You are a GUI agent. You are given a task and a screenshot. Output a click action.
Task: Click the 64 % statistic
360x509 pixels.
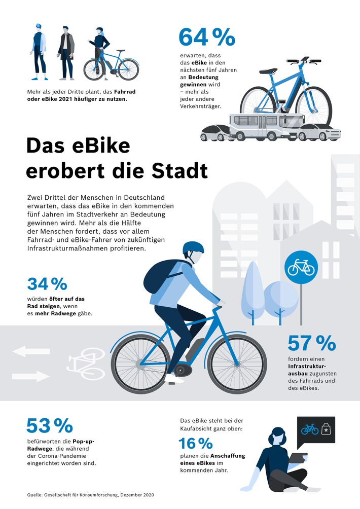pos(200,38)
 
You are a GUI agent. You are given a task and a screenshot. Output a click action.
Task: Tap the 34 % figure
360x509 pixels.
pos(47,284)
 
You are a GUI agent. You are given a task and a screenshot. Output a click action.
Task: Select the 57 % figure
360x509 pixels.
pos(311,343)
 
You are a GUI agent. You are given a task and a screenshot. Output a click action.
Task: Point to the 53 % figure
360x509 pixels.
pos(49,426)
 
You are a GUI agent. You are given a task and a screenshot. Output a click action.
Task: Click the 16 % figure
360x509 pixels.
pos(195,444)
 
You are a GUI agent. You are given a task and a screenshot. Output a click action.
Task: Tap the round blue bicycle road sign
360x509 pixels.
pos(301,267)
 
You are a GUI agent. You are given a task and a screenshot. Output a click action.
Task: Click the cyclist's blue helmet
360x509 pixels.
pos(193,248)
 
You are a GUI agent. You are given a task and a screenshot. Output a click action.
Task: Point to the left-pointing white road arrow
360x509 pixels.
pos(31,351)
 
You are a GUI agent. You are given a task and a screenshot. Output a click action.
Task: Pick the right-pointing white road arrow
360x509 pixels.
pos(31,376)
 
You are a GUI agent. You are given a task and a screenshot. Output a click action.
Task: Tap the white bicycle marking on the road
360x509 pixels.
pos(85,363)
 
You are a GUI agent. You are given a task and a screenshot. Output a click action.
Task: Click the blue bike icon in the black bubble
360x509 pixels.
pos(309,429)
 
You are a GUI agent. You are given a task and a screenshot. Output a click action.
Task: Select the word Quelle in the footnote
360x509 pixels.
pos(35,494)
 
